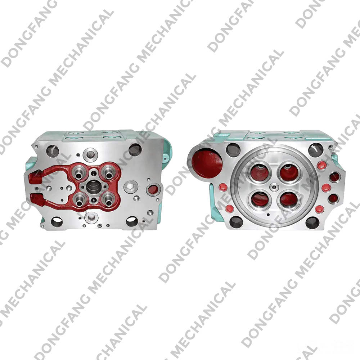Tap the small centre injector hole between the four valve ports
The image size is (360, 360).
point(274,187)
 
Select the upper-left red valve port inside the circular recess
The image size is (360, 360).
point(260,173)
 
